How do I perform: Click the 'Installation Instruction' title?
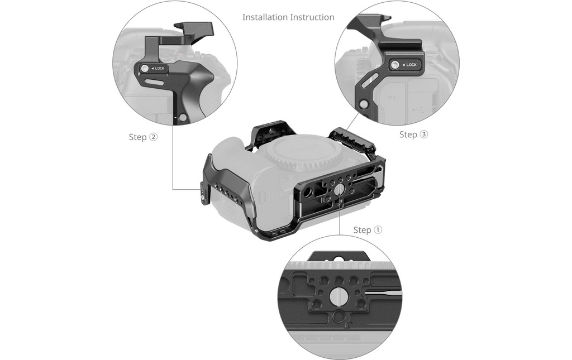coord(288,17)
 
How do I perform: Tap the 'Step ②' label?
coord(143,137)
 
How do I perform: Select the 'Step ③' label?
coord(413,135)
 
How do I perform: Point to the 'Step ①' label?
coord(368,230)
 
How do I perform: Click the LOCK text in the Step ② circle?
coord(160,69)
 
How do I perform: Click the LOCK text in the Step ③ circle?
coord(412,65)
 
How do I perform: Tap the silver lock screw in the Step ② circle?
coord(145,68)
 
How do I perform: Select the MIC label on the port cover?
coord(393,98)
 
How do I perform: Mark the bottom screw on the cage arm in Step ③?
coord(363,104)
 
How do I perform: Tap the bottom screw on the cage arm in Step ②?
coord(183,117)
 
